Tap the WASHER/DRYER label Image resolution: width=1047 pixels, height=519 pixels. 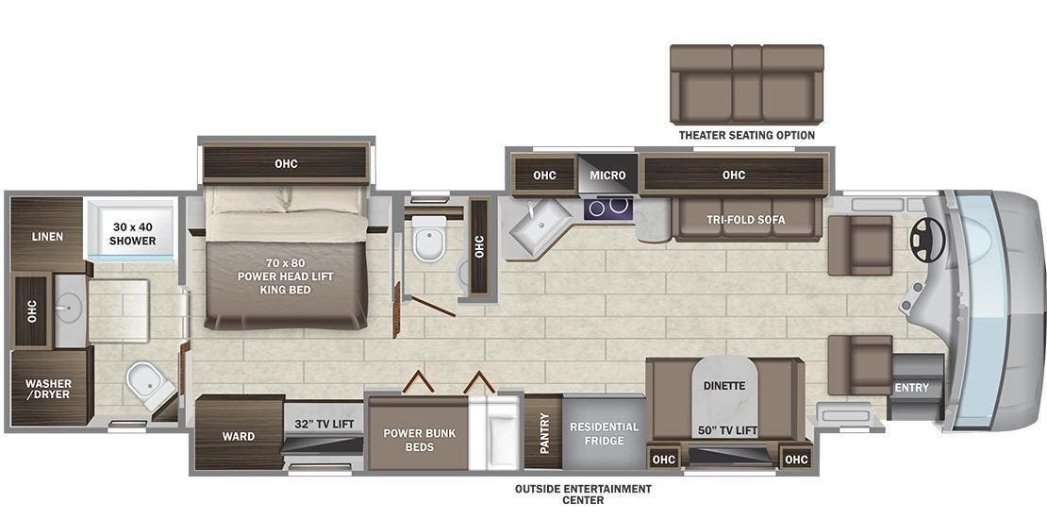click(48, 389)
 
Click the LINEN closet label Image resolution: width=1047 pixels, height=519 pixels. click(47, 236)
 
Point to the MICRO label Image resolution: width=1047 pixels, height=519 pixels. click(607, 175)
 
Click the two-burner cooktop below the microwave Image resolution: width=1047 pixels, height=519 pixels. click(608, 206)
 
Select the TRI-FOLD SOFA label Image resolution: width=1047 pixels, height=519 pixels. click(745, 220)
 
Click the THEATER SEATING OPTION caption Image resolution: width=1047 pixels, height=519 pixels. click(746, 135)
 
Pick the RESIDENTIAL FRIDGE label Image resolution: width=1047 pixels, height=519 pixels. click(604, 433)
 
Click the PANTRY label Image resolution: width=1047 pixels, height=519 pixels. click(543, 433)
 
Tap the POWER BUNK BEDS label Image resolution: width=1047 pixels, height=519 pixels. click(420, 439)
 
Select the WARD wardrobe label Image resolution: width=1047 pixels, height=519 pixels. click(238, 437)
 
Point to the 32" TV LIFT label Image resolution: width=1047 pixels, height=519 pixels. click(324, 425)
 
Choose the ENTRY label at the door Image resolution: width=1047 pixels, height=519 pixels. click(912, 387)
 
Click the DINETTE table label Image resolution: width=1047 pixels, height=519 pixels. click(724, 385)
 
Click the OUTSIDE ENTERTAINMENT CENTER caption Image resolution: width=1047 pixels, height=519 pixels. click(583, 494)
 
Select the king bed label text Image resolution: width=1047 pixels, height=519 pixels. click(286, 276)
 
